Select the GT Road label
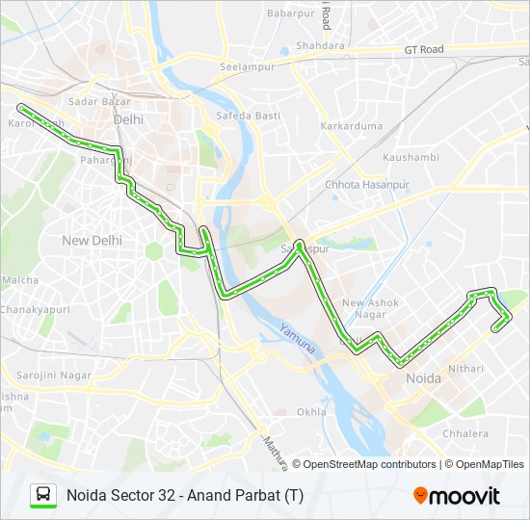point(423,49)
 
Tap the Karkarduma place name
point(351,126)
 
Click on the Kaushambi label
point(410,157)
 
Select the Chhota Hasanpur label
point(366,184)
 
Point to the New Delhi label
point(92,240)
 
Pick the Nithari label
point(465,368)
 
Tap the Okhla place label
point(311,411)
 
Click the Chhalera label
point(465,433)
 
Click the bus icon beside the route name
point(43,495)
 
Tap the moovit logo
point(457,495)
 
